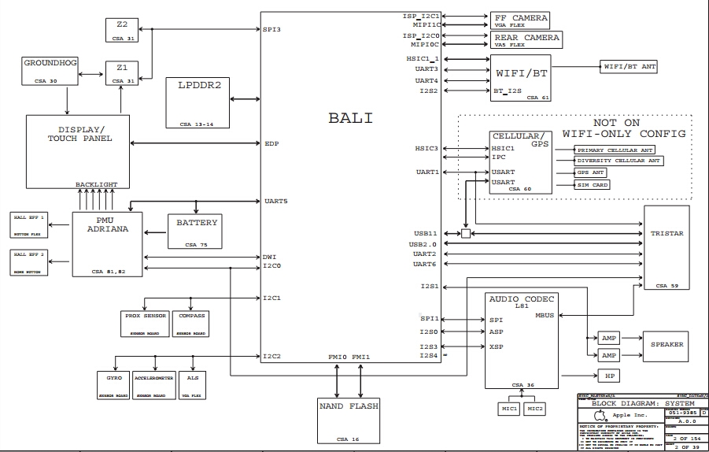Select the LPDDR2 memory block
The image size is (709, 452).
coord(197,102)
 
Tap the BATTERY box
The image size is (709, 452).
coord(196,232)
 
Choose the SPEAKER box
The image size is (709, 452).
coord(666,345)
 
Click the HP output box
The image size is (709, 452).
coord(608,376)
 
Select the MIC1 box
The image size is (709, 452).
coord(509,409)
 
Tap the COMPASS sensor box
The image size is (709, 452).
coord(190,323)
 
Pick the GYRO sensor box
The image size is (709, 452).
coord(113,383)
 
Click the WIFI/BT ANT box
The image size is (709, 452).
coord(628,67)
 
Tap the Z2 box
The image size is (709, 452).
coord(122,29)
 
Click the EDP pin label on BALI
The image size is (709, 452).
coord(272,143)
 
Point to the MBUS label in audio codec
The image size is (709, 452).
coord(544,316)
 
